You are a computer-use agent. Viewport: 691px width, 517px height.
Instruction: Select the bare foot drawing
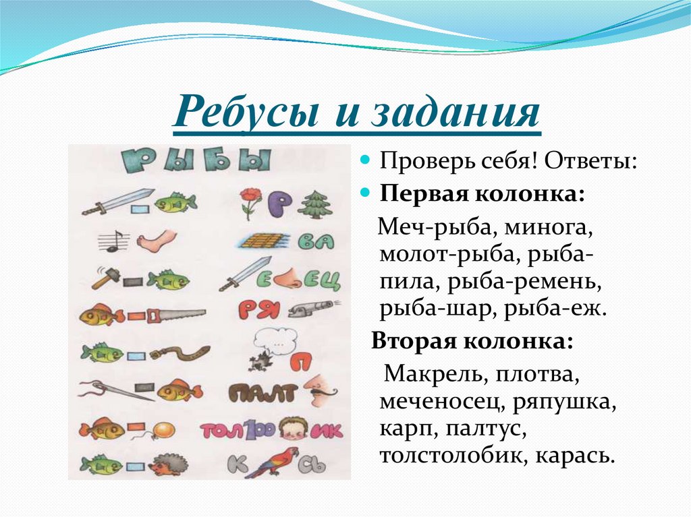[x=155, y=239]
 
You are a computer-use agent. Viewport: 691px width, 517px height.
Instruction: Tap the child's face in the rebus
[x=294, y=428]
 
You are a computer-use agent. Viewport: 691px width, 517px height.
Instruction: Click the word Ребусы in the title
[x=246, y=112]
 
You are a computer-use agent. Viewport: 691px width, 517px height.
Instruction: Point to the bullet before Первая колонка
[x=366, y=193]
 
